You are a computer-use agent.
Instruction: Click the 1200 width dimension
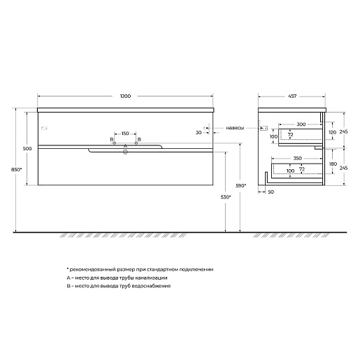coord(125,96)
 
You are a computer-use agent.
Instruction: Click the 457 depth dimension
coord(292,96)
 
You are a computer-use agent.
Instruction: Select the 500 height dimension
coord(27,149)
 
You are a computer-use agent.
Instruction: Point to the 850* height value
coord(16,170)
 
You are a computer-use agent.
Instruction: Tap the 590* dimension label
coord(240,186)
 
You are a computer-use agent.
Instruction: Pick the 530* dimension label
coord(226,197)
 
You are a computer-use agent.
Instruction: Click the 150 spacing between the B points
coord(125,134)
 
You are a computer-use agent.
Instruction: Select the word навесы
coord(235,128)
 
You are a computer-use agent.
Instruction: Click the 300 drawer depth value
coord(301,124)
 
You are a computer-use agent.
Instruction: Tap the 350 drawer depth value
coord(297,159)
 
